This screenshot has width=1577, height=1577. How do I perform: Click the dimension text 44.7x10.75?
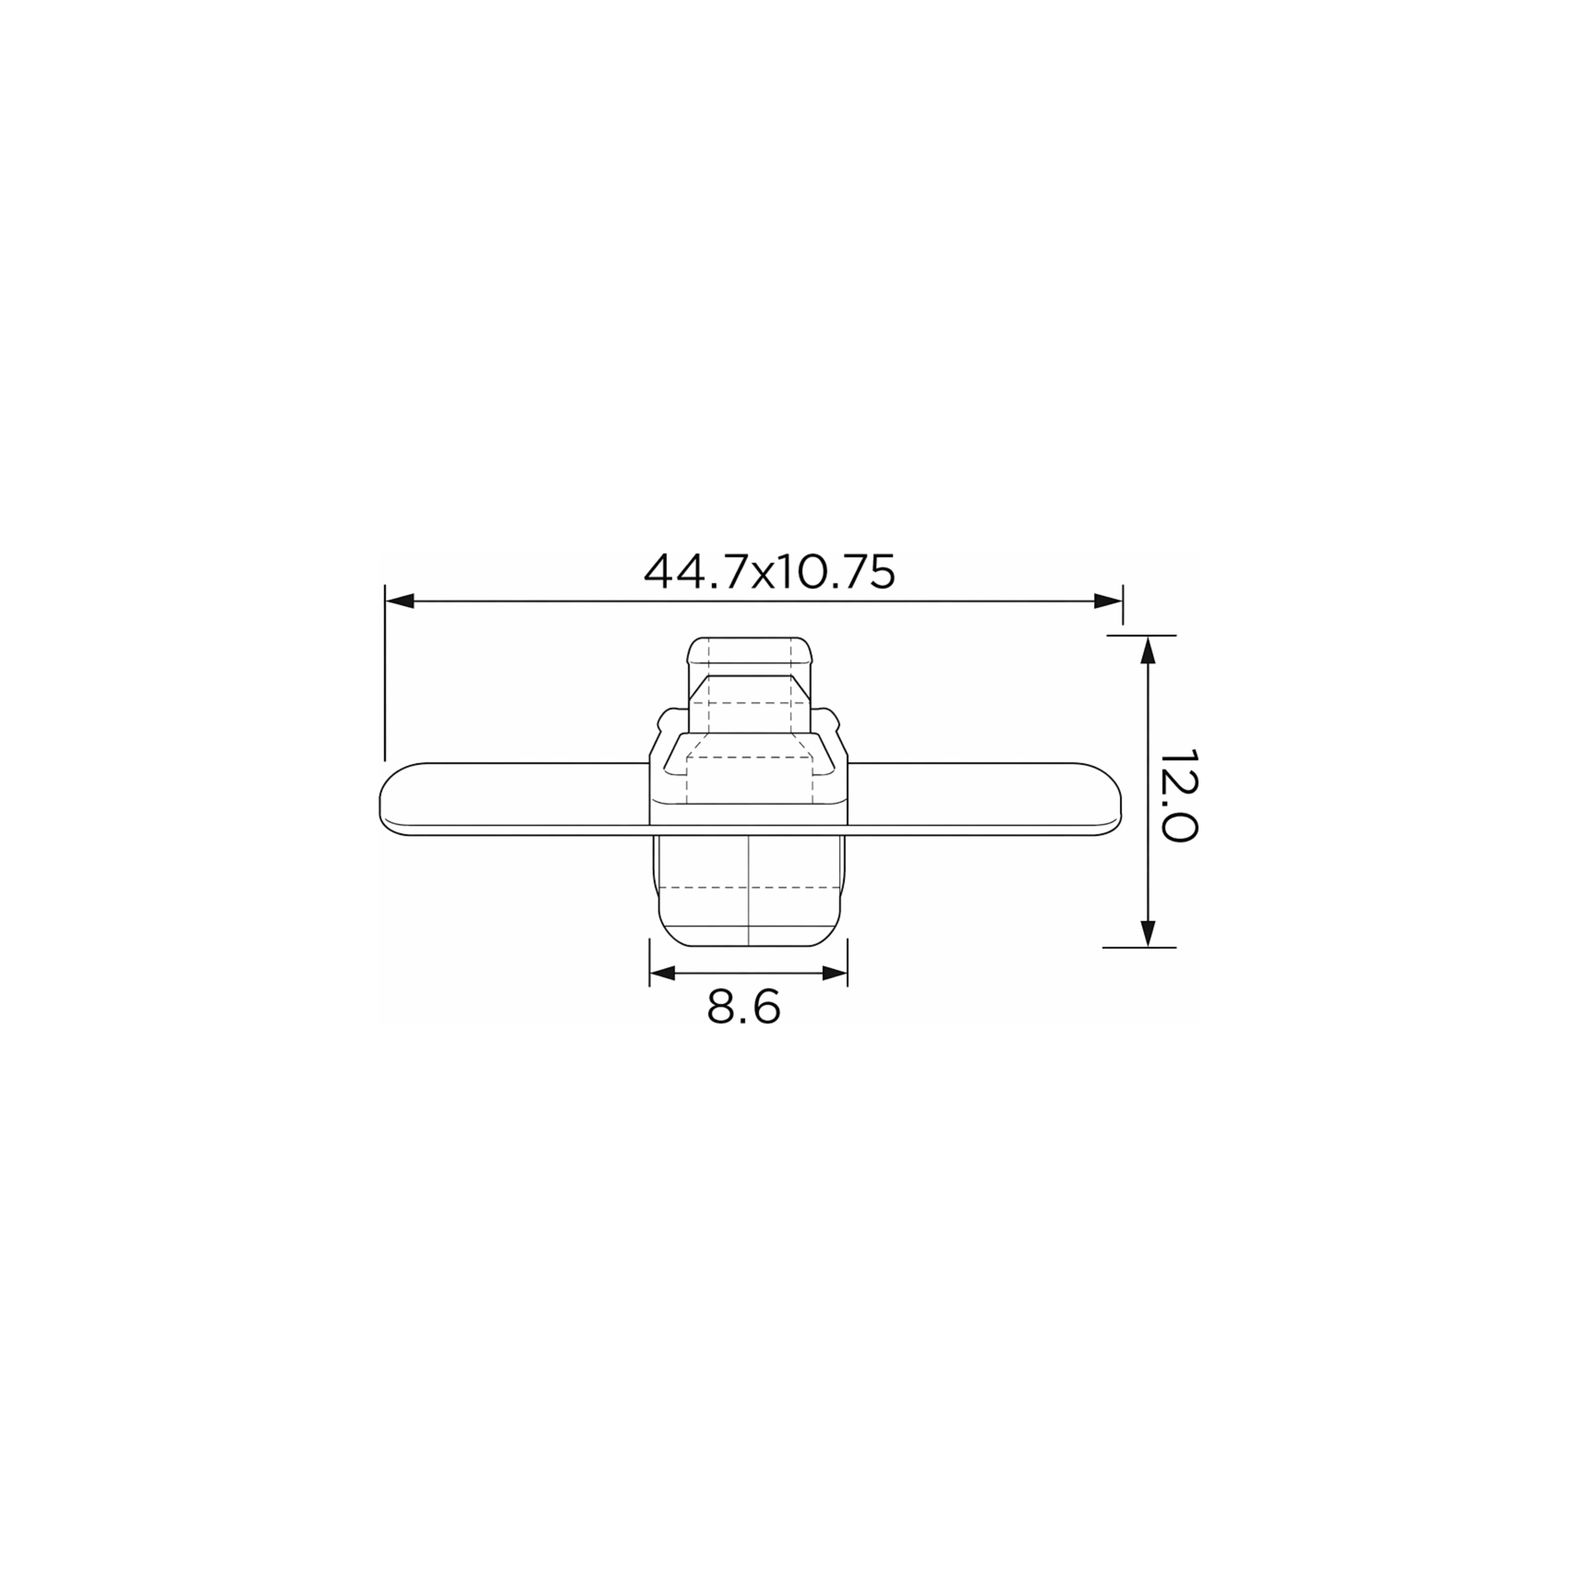point(769,572)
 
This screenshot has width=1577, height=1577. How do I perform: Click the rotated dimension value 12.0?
point(1178,794)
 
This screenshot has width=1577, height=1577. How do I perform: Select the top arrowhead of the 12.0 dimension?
point(1147,650)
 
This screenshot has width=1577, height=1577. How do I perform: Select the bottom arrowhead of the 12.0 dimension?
point(1147,933)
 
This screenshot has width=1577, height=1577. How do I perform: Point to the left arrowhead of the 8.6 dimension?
point(664,973)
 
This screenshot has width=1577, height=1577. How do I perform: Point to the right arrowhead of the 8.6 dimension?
point(833,973)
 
